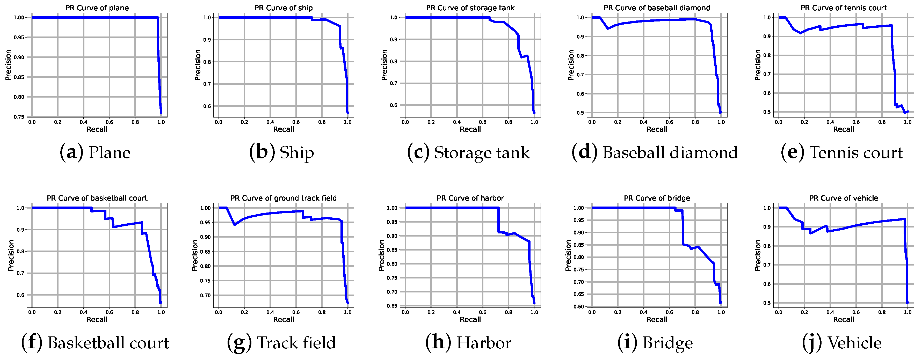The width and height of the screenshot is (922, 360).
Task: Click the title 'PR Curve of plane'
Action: [x=97, y=8]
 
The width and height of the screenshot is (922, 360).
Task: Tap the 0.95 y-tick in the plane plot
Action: [x=19, y=37]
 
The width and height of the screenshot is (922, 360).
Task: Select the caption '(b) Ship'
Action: [x=281, y=153]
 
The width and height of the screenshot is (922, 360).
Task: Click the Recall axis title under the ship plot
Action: [x=284, y=129]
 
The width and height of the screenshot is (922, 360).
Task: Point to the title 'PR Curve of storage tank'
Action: [x=470, y=8]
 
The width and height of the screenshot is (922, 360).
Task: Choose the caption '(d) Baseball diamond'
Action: [x=655, y=153]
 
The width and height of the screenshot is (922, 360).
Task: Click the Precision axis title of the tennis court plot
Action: [x=757, y=65]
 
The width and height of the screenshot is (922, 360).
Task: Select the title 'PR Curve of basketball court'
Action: [x=97, y=198]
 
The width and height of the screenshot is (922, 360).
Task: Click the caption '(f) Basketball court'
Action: [x=95, y=343]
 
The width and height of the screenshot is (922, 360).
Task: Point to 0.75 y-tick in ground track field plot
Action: [x=205, y=281]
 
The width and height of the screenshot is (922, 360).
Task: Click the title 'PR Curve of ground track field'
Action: [x=284, y=198]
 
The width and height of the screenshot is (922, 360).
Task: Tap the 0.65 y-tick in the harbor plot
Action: [x=392, y=306]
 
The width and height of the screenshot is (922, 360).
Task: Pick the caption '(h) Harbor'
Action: [x=468, y=343]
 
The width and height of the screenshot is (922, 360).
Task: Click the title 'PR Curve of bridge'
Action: [x=657, y=198]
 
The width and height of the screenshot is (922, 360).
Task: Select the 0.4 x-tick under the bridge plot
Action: [x=644, y=312]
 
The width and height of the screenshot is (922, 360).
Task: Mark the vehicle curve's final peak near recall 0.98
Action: [x=904, y=219]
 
